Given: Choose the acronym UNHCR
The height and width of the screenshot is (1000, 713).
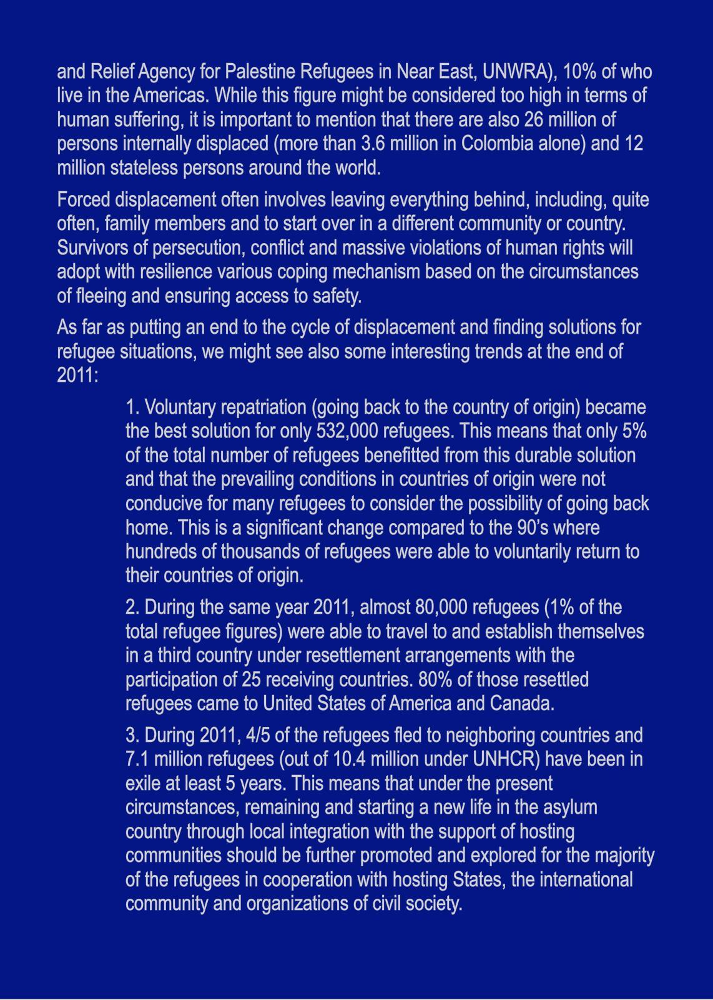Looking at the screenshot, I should [506, 759].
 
